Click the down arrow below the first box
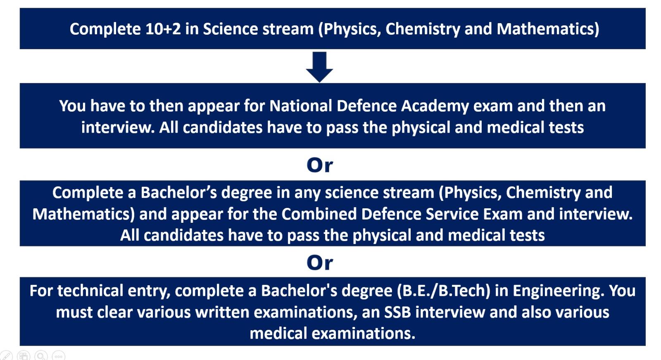319,67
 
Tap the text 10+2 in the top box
163,29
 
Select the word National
301,106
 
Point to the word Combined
319,214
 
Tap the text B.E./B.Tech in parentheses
444,291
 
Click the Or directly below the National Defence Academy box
320,165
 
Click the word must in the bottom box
74,312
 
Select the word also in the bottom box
534,312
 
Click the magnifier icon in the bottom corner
41,355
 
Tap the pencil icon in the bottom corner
6,355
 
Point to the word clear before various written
114,312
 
